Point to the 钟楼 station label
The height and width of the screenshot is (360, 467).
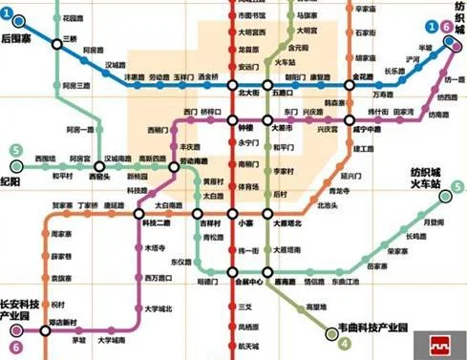(245, 126)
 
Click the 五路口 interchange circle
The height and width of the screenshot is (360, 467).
(275, 84)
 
